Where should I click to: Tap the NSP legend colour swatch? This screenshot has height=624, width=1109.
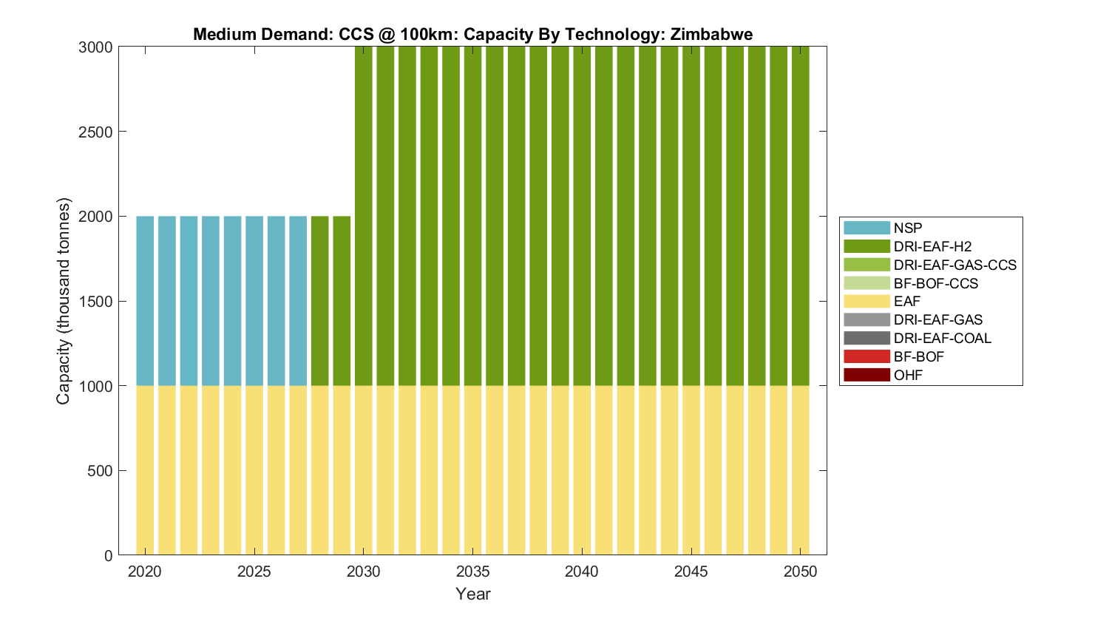point(866,228)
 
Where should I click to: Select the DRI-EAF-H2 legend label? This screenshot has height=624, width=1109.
point(931,246)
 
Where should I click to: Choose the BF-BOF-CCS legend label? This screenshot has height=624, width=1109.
point(935,283)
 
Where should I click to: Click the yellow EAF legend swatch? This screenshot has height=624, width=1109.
point(866,301)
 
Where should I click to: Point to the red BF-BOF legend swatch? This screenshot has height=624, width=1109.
point(866,356)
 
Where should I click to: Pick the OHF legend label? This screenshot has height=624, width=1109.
point(908,375)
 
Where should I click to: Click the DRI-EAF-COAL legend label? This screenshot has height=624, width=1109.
point(942,338)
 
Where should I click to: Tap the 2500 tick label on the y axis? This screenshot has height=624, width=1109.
point(95,132)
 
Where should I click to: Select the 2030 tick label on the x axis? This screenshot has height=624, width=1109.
point(363,572)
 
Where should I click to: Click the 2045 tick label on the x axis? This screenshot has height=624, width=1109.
point(691,572)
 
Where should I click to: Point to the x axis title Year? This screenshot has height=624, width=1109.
point(473,594)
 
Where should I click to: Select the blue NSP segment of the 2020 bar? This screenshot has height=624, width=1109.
point(145,301)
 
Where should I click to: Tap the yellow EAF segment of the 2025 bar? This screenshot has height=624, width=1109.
point(254,470)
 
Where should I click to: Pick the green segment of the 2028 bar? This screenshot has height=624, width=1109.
point(319,301)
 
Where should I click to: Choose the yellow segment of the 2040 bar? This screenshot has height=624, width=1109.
point(582,470)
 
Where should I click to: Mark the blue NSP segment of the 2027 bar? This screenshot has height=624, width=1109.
point(298,301)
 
